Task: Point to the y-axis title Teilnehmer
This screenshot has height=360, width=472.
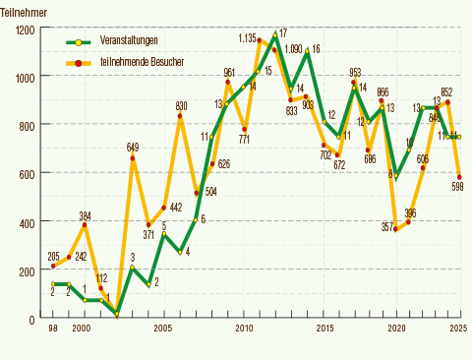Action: (x=23, y=11)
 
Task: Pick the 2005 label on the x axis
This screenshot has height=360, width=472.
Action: (x=164, y=328)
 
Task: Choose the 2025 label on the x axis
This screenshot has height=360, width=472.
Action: (x=458, y=328)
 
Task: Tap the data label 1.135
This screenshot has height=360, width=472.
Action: (x=248, y=37)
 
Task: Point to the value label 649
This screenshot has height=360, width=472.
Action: (x=134, y=147)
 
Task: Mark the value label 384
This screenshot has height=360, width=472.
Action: (x=86, y=215)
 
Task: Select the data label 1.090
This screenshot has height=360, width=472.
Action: (x=293, y=47)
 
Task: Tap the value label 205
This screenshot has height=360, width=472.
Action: (x=53, y=256)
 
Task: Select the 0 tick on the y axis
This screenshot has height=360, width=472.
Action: (x=32, y=320)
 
